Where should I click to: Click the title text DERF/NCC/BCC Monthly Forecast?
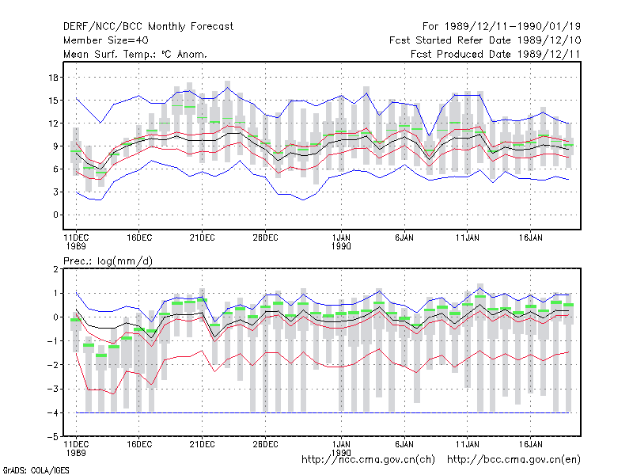pos(148,27)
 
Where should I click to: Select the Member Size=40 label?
pos(106,40)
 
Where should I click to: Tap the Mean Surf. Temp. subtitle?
pos(135,54)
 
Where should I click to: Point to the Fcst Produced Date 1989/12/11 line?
pos(495,54)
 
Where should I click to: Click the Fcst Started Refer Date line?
pos(485,40)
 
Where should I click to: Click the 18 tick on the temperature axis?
pos(53,78)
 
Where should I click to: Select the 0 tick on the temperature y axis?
pos(55,215)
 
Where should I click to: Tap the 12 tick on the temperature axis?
pos(53,123)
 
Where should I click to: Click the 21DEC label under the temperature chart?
pos(203,237)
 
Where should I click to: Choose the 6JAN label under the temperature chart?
pos(404,237)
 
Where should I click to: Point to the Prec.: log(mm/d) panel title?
pos(108,261)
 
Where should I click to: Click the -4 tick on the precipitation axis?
pos(52,412)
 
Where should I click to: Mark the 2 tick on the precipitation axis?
pos(55,269)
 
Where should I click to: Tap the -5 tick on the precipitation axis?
pos(52,437)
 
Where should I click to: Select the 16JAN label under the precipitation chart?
pos(530,444)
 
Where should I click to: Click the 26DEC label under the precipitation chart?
pos(265,444)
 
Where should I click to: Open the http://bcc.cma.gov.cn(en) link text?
pos(514,460)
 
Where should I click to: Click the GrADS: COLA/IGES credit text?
pos(36,470)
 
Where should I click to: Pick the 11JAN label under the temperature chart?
pos(468,237)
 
